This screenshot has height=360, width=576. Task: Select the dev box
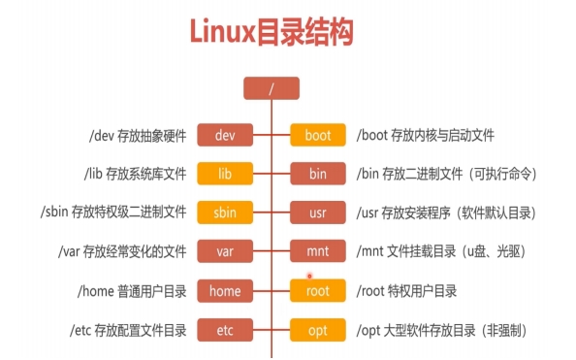[226, 135]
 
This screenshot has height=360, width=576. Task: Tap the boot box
[318, 135]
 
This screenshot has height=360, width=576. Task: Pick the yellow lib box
[226, 174]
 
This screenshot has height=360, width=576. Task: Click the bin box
[318, 174]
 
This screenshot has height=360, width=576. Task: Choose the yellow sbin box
[226, 213]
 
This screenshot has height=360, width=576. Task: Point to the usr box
[318, 213]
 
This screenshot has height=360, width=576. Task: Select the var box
[226, 251]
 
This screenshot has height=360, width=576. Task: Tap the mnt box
[318, 251]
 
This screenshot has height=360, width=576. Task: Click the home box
[226, 290]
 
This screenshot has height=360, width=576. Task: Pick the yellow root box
[318, 290]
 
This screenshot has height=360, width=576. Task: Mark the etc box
[226, 330]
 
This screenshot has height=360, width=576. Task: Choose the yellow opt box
[318, 330]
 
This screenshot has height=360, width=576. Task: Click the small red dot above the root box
[310, 275]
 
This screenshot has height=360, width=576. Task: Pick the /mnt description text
[441, 251]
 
